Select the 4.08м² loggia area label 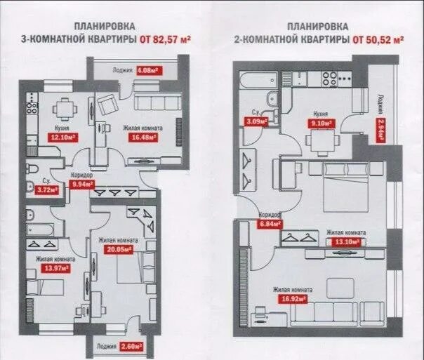(147, 70)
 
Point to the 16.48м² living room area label (143, 137)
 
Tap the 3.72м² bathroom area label (46, 189)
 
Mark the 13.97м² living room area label (48, 267)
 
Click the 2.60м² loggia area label (131, 347)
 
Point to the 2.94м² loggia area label (381, 130)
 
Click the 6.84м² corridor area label (270, 224)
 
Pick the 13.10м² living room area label (346, 242)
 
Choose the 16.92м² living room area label (293, 297)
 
